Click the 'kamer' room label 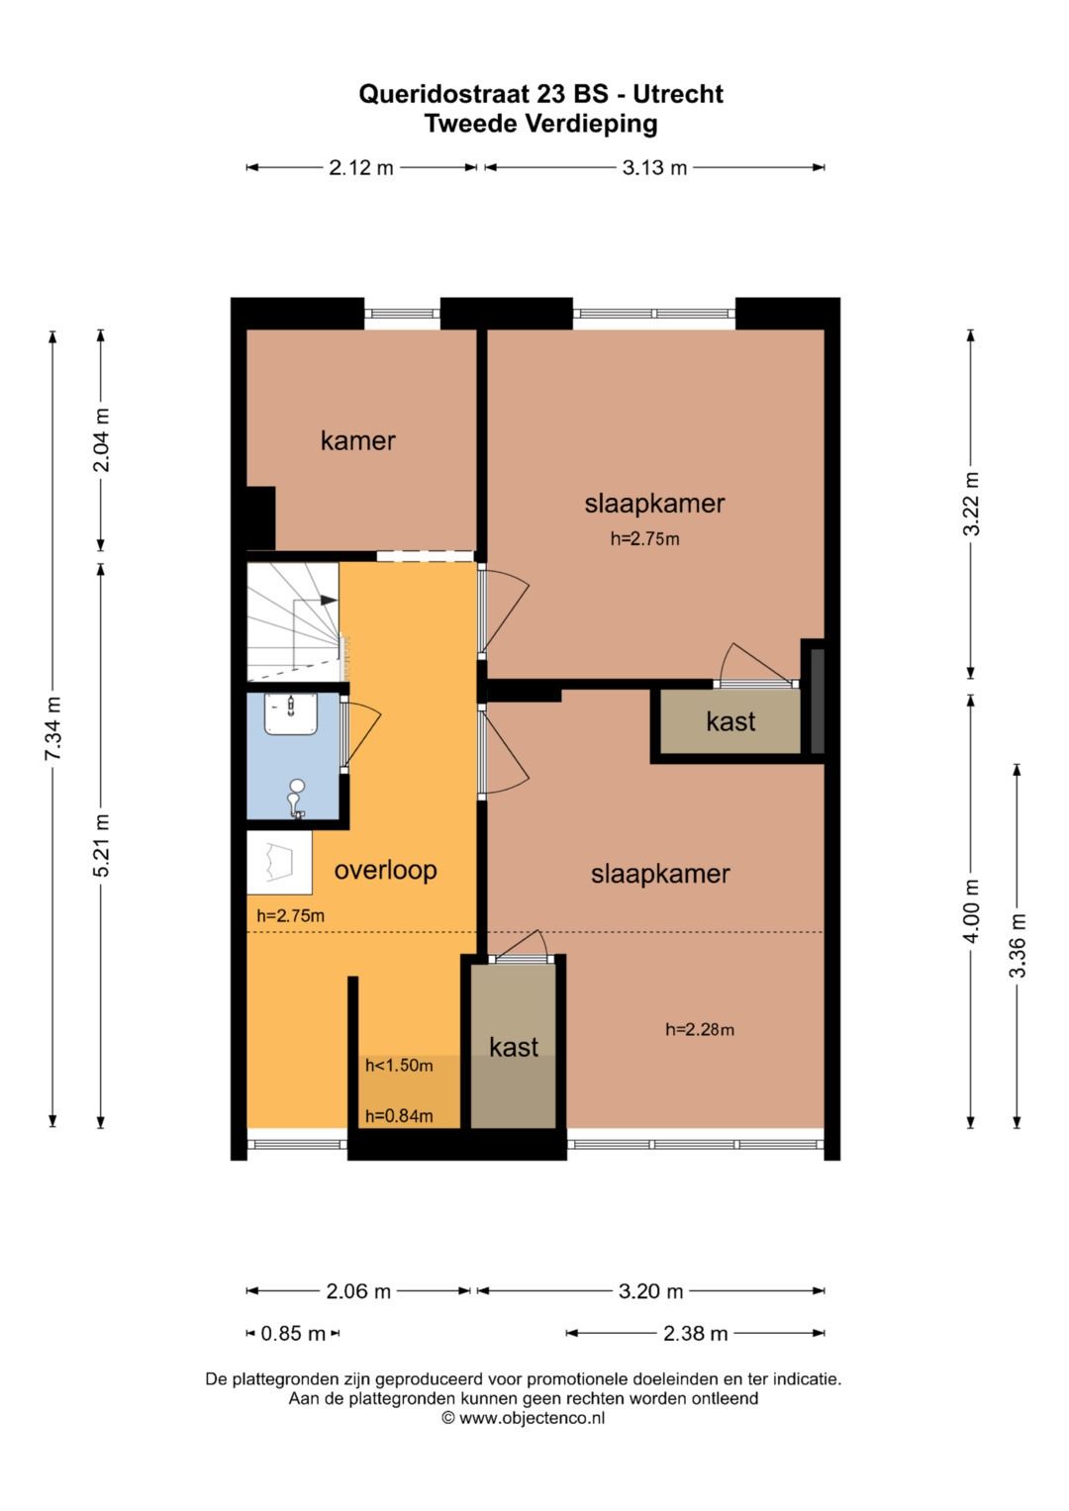[x=357, y=440]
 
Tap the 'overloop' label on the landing [x=385, y=870]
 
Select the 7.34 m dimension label [x=53, y=729]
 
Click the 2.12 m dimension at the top [x=361, y=167]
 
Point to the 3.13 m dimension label [x=654, y=167]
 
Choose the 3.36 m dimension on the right [x=1018, y=945]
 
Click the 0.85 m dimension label [x=293, y=1333]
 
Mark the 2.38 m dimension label [x=696, y=1333]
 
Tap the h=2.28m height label [x=700, y=1029]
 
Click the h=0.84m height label [x=399, y=1116]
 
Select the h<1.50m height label [x=399, y=1066]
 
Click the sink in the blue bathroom [x=290, y=712]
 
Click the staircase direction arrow [x=327, y=600]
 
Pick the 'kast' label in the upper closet [x=730, y=721]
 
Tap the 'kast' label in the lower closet [x=514, y=1047]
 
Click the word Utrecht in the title [x=678, y=94]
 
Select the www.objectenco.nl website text [x=532, y=1418]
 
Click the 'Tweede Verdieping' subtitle [x=540, y=124]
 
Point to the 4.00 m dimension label [x=971, y=910]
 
